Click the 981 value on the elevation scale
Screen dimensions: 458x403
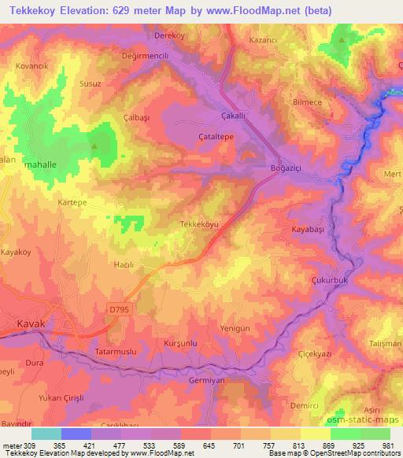pyautogui.click(x=390, y=445)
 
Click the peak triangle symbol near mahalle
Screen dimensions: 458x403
pyautogui.click(x=96, y=146)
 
